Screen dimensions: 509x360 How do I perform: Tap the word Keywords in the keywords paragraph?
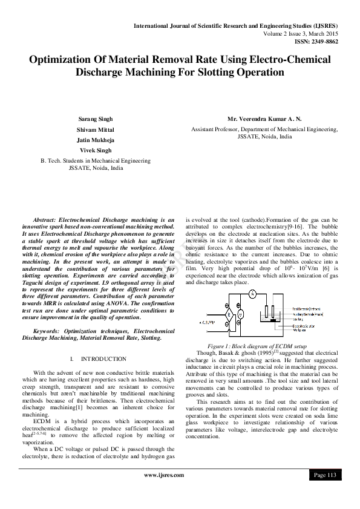50,331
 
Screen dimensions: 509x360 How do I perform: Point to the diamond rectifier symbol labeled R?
229,315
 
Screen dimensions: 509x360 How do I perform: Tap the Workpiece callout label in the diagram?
300,331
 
